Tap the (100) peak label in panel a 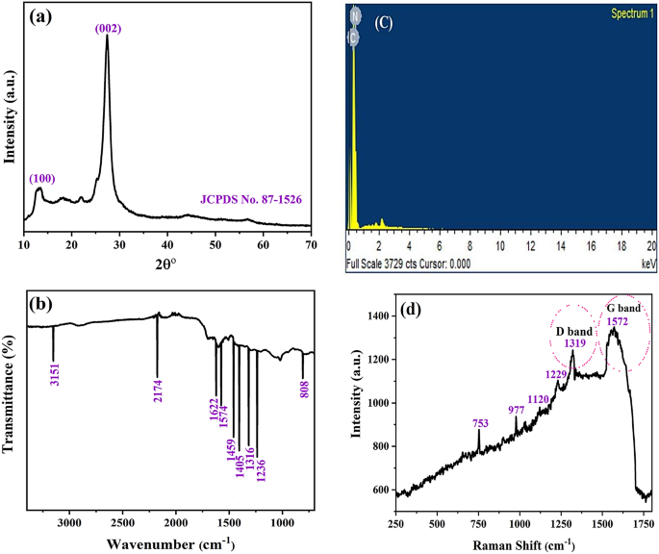pyautogui.click(x=42, y=178)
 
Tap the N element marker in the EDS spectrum pyautogui.click(x=354, y=14)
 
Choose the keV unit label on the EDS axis pyautogui.click(x=646, y=261)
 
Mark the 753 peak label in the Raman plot pyautogui.click(x=478, y=421)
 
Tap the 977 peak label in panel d pyautogui.click(x=517, y=409)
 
